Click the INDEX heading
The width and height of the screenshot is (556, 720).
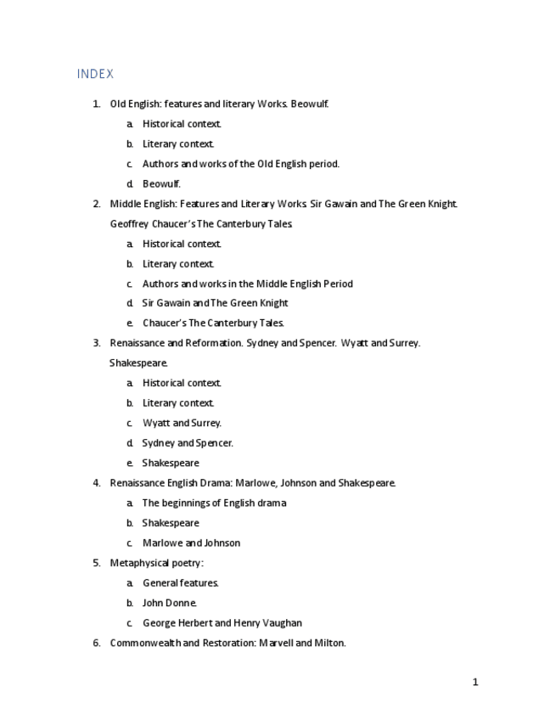click(95, 74)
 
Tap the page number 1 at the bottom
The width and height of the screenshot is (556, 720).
click(475, 682)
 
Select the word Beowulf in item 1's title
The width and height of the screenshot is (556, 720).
click(309, 104)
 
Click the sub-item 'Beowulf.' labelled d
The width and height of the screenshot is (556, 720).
click(161, 183)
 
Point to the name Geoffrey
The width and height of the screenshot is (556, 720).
click(129, 224)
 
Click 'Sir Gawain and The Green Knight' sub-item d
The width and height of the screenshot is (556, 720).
click(215, 303)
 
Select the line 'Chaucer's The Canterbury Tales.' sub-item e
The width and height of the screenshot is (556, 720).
click(213, 323)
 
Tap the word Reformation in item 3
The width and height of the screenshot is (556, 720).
click(211, 343)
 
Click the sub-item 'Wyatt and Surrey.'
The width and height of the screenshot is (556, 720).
click(182, 423)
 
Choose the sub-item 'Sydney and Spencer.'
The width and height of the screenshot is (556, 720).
click(188, 442)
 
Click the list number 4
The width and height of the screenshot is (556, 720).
click(96, 483)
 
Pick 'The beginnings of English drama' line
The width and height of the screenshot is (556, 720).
click(214, 503)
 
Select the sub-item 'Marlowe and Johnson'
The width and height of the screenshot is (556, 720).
click(191, 543)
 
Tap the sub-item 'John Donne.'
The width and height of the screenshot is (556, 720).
click(170, 603)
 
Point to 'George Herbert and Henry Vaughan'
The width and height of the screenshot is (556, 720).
click(222, 622)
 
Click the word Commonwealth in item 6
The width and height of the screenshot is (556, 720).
click(144, 643)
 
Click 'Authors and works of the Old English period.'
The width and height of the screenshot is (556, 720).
click(240, 164)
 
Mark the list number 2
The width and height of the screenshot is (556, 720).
click(96, 204)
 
